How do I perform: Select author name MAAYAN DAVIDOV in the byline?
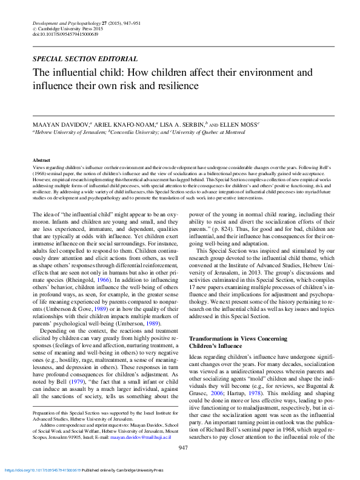click(x=62, y=123)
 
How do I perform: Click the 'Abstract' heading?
click(x=41, y=159)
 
